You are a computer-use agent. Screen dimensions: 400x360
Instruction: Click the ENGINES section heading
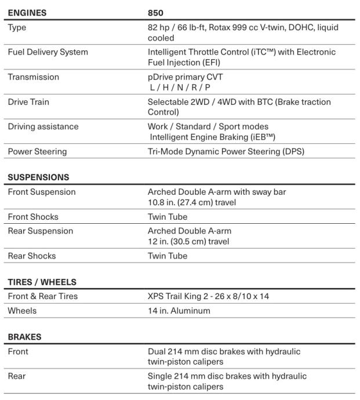(x=27, y=12)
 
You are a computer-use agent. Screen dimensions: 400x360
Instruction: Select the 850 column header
(x=156, y=12)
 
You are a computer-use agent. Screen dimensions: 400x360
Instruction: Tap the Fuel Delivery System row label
(x=48, y=52)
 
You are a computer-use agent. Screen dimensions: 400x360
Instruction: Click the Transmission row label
(x=33, y=77)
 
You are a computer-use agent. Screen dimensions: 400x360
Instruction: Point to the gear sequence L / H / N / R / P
(x=180, y=87)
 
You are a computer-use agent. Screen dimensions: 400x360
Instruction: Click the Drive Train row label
(x=28, y=102)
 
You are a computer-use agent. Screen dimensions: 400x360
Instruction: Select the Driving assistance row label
(x=43, y=127)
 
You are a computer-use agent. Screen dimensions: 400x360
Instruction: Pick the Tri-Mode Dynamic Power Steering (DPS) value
(x=226, y=151)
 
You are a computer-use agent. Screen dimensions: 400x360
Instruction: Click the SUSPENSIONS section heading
(x=38, y=177)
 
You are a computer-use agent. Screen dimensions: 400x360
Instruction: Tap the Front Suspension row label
(x=41, y=192)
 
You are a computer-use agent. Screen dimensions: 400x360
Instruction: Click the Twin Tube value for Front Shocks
(x=168, y=217)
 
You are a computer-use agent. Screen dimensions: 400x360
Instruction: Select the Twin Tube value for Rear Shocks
(x=168, y=256)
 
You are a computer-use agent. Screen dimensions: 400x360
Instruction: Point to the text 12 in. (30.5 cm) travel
(x=188, y=241)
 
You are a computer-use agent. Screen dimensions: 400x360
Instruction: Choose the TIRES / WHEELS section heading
(x=42, y=282)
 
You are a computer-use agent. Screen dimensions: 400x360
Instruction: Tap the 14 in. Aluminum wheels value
(x=179, y=311)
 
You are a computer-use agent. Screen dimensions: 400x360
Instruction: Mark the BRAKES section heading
(x=24, y=336)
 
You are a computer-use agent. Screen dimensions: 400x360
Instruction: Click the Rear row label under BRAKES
(x=16, y=376)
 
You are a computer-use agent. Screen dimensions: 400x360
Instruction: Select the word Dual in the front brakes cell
(x=157, y=351)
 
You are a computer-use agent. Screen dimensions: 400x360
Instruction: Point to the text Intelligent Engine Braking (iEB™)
(x=213, y=137)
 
